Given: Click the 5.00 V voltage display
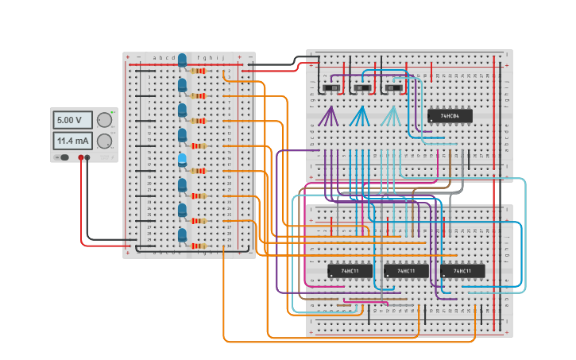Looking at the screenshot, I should (71, 120).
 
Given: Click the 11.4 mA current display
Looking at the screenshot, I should (71, 141).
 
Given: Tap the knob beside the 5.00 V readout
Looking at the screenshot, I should (104, 120).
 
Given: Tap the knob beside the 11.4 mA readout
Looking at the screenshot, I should (104, 141).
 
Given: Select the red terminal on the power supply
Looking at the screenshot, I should (80, 157).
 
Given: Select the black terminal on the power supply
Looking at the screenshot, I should (87, 157).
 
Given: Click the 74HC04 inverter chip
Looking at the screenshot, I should (450, 116).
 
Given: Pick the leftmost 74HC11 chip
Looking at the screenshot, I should (350, 271).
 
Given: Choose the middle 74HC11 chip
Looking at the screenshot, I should (406, 271).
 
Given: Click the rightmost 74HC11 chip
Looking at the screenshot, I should (462, 271).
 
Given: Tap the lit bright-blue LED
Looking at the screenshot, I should (182, 161).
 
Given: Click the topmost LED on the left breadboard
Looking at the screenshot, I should (182, 60).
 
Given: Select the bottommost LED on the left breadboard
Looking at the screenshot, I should (182, 235).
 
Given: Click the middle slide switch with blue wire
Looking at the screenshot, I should (362, 87).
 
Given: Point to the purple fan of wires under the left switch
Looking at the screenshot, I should (328, 118).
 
